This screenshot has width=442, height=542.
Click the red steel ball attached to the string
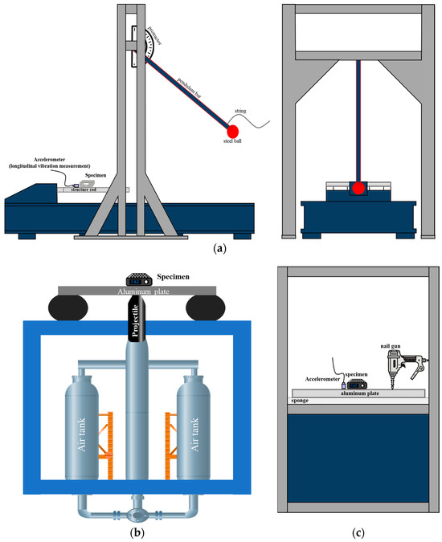234,131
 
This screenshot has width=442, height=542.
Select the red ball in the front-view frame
358,189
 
